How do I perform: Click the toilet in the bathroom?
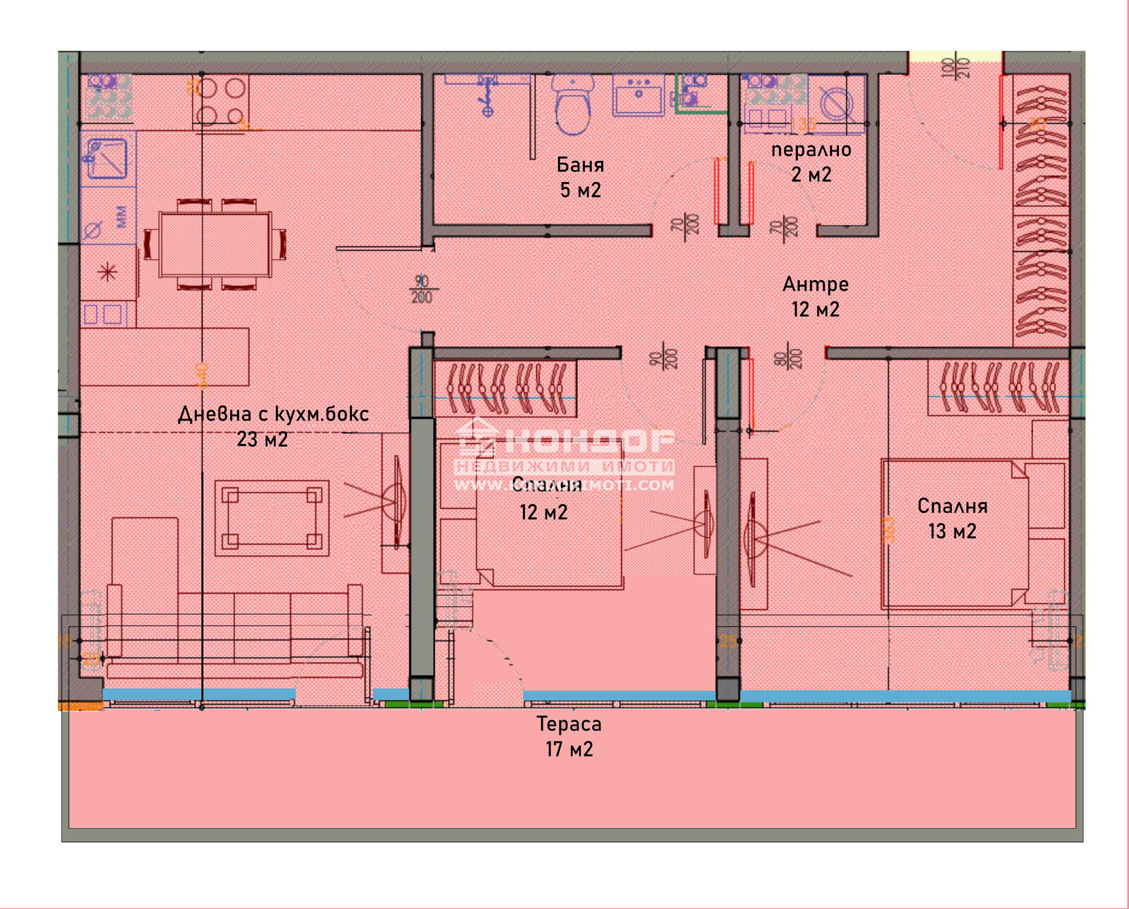pyautogui.click(x=572, y=106)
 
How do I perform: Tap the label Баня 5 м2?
pyautogui.click(x=580, y=177)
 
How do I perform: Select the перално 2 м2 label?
pyautogui.click(x=811, y=162)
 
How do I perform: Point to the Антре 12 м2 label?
pyautogui.click(x=815, y=296)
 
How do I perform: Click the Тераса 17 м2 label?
pyautogui.click(x=569, y=736)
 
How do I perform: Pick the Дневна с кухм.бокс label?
pyautogui.click(x=272, y=414)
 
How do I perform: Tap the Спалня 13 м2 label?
pyautogui.click(x=952, y=518)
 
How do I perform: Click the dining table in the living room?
pyautogui.click(x=215, y=244)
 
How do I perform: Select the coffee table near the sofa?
pyautogui.click(x=272, y=518)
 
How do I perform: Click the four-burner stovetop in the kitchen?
pyautogui.click(x=220, y=101)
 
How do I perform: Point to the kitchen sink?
pyautogui.click(x=107, y=158)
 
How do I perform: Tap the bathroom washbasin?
pyautogui.click(x=638, y=95)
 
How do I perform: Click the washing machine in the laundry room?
pyautogui.click(x=837, y=104)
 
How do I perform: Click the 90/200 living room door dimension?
pyautogui.click(x=421, y=289)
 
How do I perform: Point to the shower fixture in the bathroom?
pyautogui.click(x=487, y=95)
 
